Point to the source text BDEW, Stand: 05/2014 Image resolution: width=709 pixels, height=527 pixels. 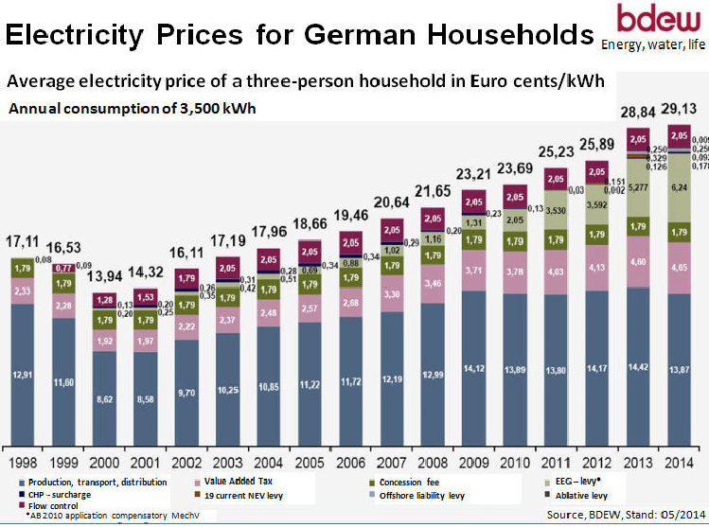(624, 514)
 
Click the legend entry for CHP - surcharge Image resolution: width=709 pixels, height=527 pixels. (58, 494)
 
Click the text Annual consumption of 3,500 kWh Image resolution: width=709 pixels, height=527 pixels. (133, 108)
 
